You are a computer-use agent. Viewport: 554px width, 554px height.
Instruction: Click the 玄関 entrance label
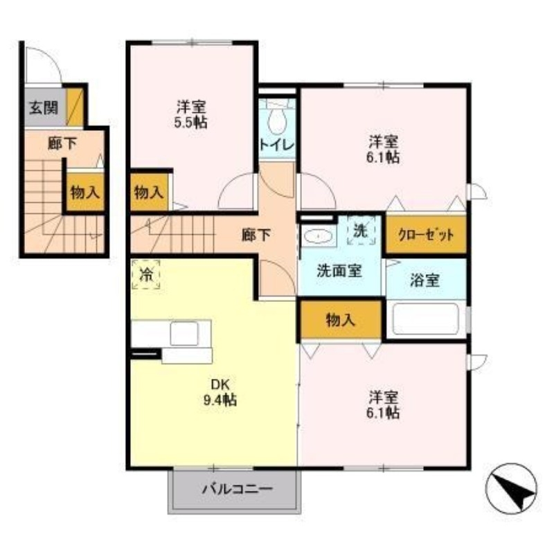[43, 108]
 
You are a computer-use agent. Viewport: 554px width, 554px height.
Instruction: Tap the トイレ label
[277, 145]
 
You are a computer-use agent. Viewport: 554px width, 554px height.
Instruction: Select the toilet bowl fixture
[278, 122]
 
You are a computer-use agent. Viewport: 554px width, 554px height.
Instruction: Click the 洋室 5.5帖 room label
[191, 114]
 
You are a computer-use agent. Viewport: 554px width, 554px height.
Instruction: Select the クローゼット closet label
[425, 235]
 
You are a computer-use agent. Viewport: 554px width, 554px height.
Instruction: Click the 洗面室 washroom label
[339, 271]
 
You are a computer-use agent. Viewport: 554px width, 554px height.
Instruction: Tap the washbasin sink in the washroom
[318, 236]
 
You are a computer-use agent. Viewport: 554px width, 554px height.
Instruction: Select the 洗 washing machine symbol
[360, 231]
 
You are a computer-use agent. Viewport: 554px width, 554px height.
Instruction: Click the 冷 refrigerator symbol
[146, 274]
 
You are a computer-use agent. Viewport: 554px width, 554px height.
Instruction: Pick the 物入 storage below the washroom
[340, 319]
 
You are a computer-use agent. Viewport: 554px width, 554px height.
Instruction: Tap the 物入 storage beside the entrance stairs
[84, 193]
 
